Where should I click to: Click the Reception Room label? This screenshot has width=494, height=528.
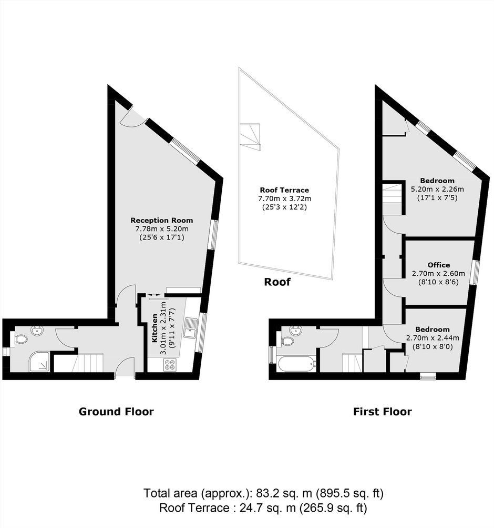pos(162,221)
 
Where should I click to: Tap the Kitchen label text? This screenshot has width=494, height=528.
pos(155,328)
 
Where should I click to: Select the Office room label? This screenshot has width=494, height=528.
pos(438,265)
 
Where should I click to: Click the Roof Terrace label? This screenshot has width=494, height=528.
pos(284,190)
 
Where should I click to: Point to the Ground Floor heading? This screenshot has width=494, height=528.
pos(116,412)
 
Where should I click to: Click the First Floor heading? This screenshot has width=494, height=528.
pos(383,412)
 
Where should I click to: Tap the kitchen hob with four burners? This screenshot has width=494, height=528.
pos(170,365)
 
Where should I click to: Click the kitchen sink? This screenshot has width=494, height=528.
pos(191,327)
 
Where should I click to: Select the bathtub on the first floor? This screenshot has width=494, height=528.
pos(297,364)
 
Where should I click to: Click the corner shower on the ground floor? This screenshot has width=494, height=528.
pos(39,362)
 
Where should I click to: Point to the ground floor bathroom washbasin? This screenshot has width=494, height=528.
pos(37,331)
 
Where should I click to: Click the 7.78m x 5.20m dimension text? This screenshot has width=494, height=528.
pos(162,229)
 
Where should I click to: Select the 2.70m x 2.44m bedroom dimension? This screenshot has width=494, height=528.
pos(433,338)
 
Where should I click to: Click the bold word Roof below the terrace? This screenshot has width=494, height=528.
pos(277,282)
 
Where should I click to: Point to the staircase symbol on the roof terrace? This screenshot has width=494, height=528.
pos(250,136)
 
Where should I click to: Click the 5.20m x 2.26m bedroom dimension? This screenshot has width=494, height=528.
pos(437,189)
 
